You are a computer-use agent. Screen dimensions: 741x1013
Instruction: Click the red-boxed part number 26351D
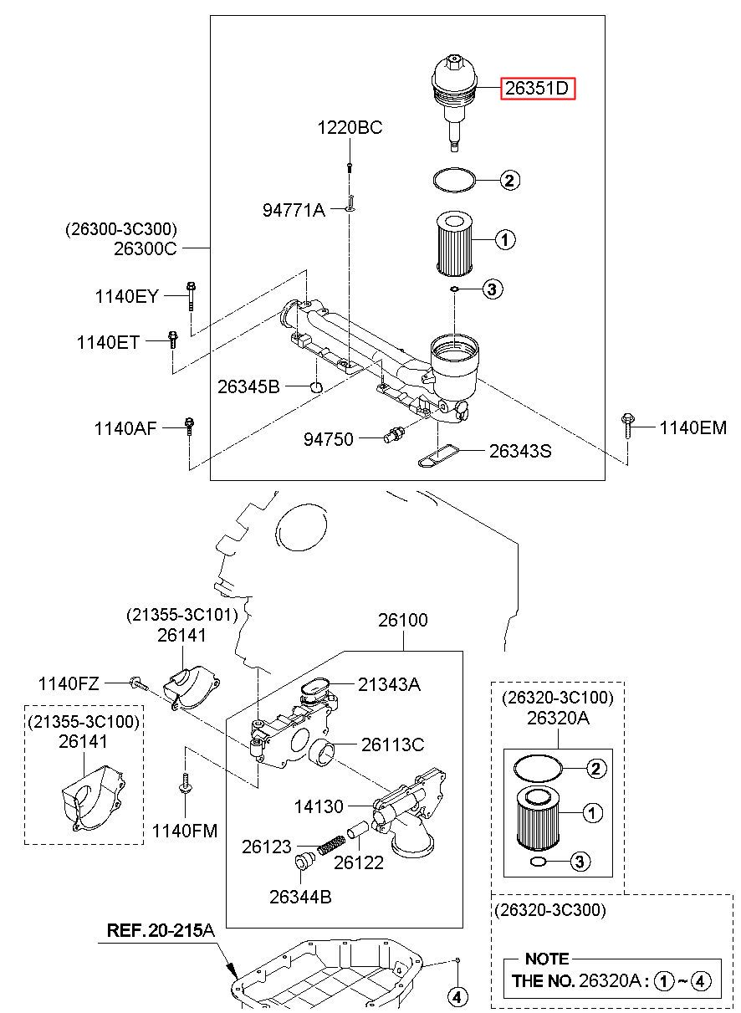(x=537, y=88)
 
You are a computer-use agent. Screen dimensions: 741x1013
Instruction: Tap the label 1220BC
(x=350, y=127)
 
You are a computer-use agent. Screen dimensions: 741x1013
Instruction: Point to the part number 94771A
(x=294, y=210)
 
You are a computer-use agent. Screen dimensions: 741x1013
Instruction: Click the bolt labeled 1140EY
(x=191, y=296)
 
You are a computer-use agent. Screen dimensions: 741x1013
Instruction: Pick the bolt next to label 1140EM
(x=627, y=425)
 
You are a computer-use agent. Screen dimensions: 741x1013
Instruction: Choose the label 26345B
(x=248, y=386)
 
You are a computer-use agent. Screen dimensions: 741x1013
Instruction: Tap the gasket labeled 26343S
(x=437, y=457)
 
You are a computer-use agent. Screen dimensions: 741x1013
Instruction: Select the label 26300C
(x=146, y=248)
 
